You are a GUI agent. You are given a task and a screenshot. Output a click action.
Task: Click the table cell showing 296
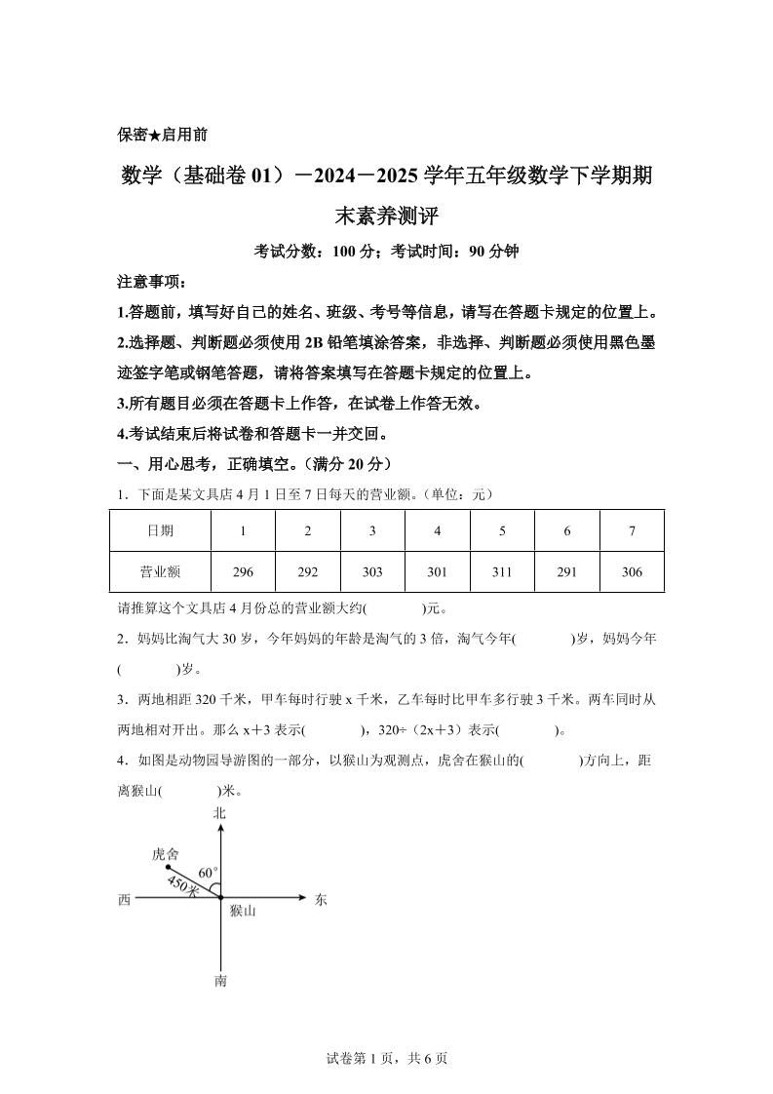pyautogui.click(x=243, y=572)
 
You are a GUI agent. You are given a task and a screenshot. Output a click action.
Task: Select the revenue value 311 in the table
pyautogui.click(x=502, y=572)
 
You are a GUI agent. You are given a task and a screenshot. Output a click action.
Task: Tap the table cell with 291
pyautogui.click(x=566, y=572)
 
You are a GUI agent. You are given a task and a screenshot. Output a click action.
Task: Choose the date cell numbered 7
pyautogui.click(x=632, y=531)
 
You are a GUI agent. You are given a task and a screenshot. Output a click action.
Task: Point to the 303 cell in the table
pyautogui.click(x=372, y=572)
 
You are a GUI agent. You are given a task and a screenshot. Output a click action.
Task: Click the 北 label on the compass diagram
pyautogui.click(x=220, y=812)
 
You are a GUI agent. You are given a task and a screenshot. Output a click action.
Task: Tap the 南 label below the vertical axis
pyautogui.click(x=220, y=981)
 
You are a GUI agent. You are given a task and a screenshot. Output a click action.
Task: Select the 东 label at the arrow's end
pyautogui.click(x=322, y=900)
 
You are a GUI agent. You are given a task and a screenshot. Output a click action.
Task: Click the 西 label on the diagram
pyautogui.click(x=124, y=900)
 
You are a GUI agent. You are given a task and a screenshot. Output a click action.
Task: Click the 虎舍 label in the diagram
pyautogui.click(x=165, y=853)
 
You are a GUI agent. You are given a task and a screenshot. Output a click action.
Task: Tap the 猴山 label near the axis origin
pyautogui.click(x=243, y=912)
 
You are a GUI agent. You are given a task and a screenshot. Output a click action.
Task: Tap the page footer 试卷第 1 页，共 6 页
pyautogui.click(x=386, y=1059)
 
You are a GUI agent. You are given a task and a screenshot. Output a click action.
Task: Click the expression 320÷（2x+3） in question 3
pyautogui.click(x=420, y=730)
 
